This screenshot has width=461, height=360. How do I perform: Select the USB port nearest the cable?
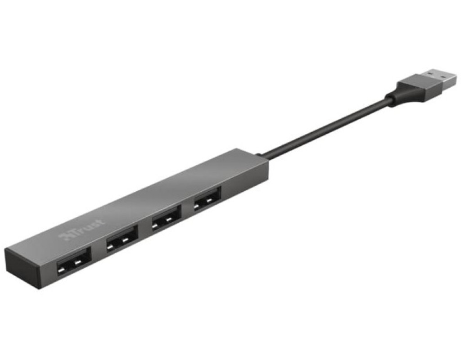pyautogui.click(x=207, y=199)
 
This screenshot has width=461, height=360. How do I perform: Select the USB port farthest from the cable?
pyautogui.click(x=74, y=261)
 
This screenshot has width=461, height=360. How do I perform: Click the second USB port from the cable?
pyautogui.click(x=166, y=218)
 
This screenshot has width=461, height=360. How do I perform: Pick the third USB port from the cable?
pyautogui.click(x=122, y=238)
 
